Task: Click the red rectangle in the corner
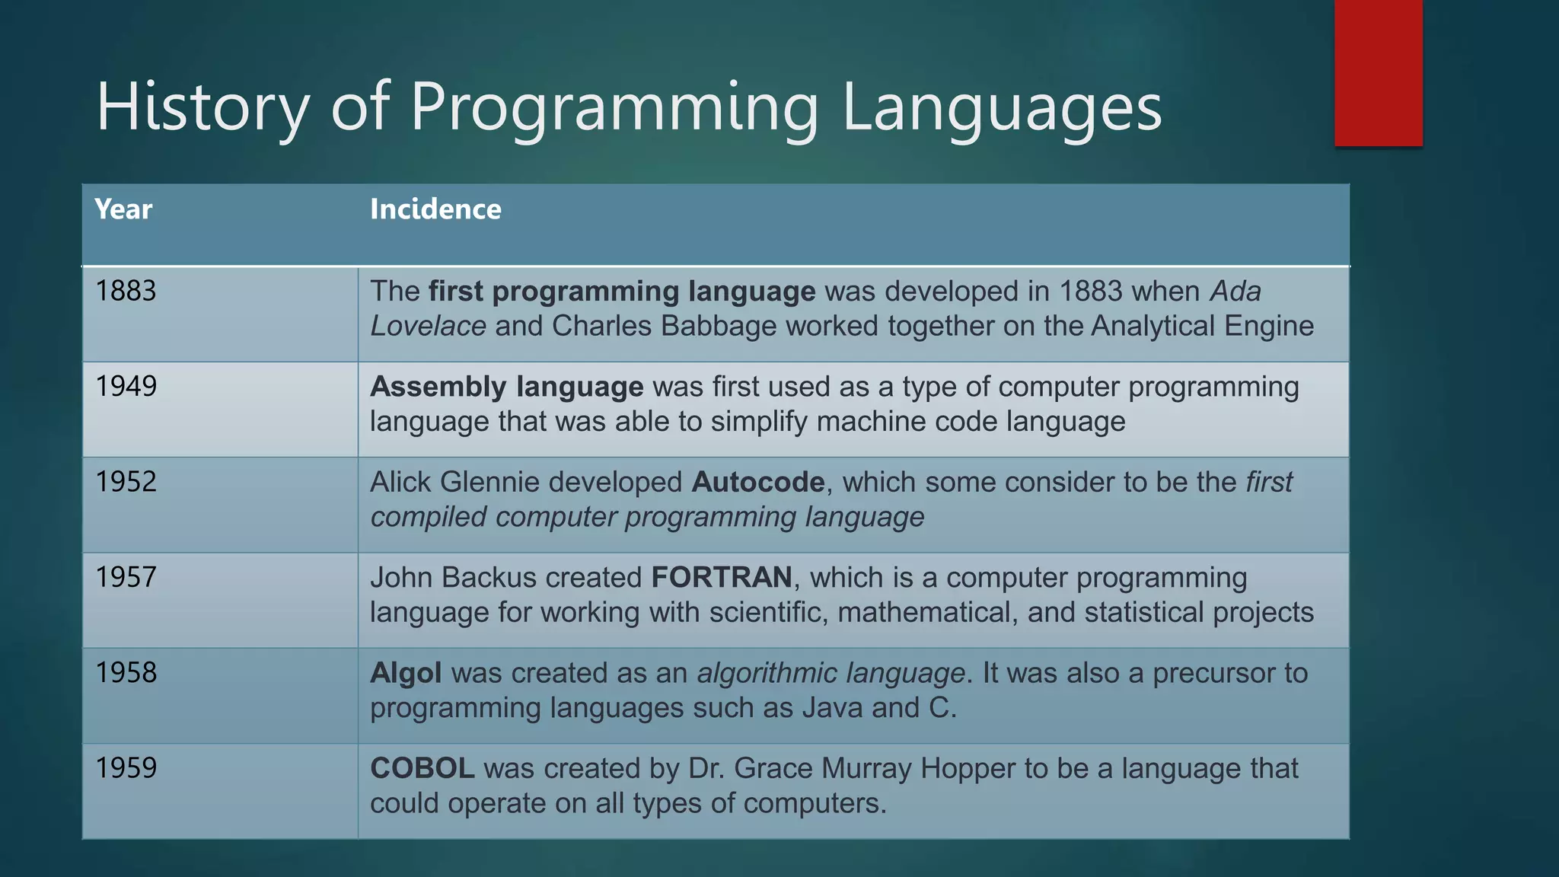tap(1378, 73)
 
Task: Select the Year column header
tap(123, 209)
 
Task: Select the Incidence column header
tap(435, 209)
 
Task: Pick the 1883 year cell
tap(126, 292)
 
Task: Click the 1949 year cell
tap(126, 387)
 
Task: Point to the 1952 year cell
tap(126, 482)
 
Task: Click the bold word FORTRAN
tap(722, 578)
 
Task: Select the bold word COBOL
tap(422, 768)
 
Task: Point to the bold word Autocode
tap(758, 483)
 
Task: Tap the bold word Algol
tap(406, 674)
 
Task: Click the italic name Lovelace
tap(428, 327)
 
